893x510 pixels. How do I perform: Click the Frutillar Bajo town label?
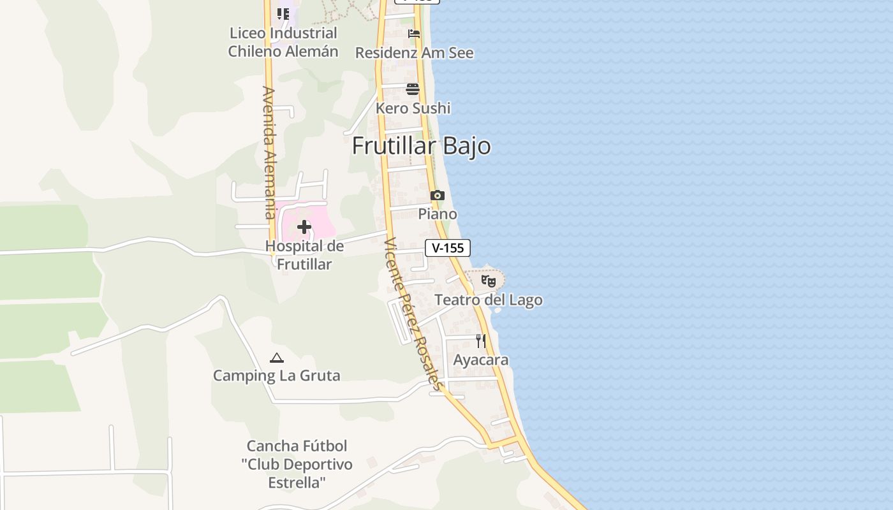pos(421,146)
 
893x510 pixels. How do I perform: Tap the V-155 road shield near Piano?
pos(448,248)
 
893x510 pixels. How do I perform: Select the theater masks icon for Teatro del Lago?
pos(489,280)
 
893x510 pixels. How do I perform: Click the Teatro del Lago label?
pos(489,300)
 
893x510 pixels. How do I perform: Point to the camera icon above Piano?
pos(437,195)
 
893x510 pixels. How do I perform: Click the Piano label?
pos(438,214)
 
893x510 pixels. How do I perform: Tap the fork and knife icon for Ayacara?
pos(481,341)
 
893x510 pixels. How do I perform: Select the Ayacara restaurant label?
pos(481,360)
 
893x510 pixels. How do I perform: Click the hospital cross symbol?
pos(304,226)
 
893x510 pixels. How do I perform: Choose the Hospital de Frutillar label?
pos(304,255)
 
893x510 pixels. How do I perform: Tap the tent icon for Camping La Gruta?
pos(276,358)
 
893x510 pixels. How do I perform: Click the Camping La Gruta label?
pos(276,375)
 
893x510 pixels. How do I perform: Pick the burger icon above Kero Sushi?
pos(413,89)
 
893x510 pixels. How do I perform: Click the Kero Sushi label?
pos(413,108)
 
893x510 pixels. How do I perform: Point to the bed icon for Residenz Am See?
pos(414,34)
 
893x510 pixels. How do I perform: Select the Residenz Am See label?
pos(414,53)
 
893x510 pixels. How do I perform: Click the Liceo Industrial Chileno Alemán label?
pos(283,42)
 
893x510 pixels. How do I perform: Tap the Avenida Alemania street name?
pos(269,153)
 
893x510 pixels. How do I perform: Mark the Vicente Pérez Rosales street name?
pos(413,314)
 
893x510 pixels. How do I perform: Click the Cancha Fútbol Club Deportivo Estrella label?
pos(297,464)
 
